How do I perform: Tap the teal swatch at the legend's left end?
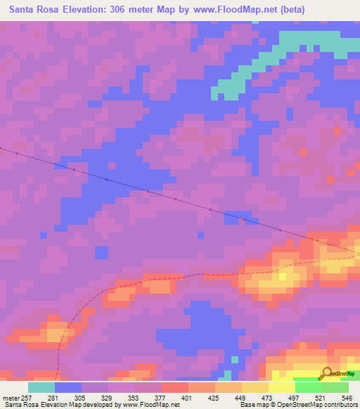pyautogui.click(x=41, y=387)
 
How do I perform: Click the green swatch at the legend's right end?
pyautogui.click(x=335, y=387)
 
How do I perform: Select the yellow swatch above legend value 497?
pyautogui.click(x=282, y=387)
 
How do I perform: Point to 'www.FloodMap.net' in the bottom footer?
pyautogui.click(x=151, y=405)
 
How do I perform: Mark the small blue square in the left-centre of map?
pyautogui.click(x=102, y=252)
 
